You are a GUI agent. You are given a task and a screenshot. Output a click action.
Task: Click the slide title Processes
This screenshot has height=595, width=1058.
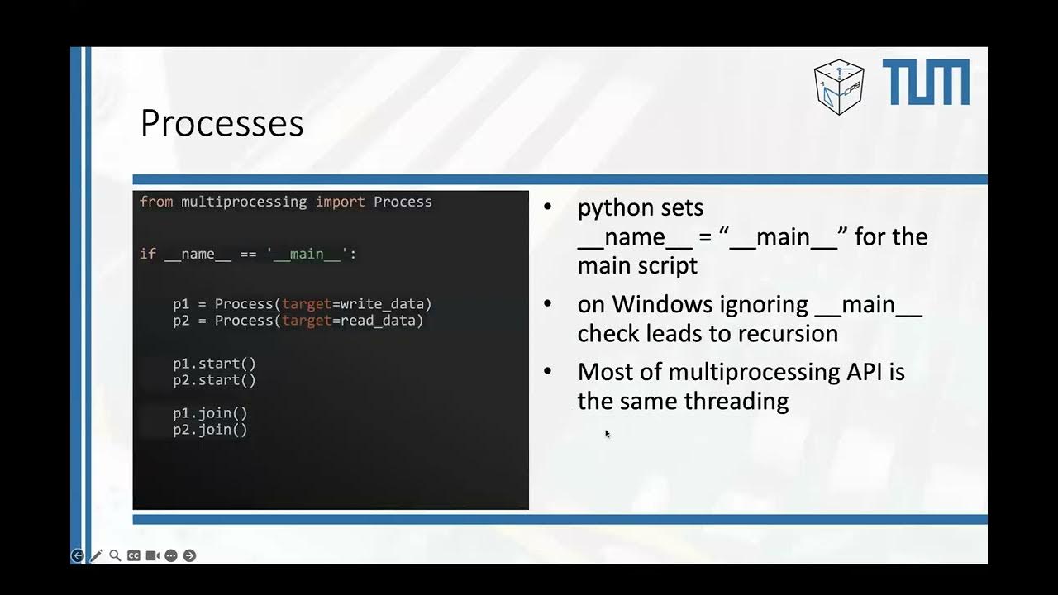click(222, 123)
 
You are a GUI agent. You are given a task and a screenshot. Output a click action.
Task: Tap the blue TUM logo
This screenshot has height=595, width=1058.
click(926, 83)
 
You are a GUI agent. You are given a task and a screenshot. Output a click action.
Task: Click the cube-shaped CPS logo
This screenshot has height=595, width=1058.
click(838, 86)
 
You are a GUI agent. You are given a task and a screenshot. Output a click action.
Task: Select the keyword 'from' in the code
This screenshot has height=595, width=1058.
click(156, 202)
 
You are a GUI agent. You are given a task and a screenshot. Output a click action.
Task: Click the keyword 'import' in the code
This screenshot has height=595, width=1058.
click(340, 202)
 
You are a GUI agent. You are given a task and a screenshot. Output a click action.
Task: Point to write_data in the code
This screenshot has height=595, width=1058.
click(386, 304)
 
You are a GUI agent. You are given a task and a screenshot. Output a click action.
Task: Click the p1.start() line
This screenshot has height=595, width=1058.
click(214, 364)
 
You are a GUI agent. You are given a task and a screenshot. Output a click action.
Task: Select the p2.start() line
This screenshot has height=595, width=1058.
click(214, 380)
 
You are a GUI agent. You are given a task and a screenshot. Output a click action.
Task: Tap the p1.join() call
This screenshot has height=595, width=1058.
click(210, 413)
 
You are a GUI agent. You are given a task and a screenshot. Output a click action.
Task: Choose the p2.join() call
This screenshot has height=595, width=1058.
click(210, 430)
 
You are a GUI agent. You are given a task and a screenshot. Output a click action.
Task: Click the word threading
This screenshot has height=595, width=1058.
click(736, 402)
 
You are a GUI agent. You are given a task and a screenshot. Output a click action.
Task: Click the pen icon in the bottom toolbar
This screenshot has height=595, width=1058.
click(97, 555)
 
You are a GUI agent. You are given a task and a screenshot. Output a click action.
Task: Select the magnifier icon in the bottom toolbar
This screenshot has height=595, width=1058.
click(115, 555)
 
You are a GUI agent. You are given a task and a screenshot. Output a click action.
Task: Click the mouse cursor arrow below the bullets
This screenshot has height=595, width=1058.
click(607, 433)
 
